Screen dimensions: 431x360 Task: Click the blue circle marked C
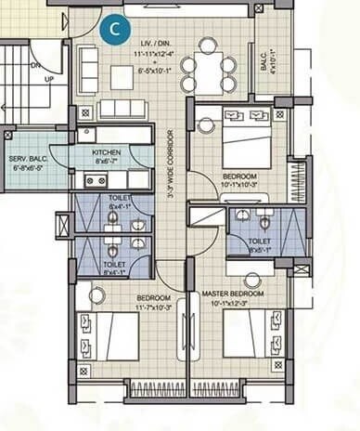(x=114, y=28)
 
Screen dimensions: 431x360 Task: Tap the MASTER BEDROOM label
(x=233, y=294)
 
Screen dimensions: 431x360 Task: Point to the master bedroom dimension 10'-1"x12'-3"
(x=233, y=302)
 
